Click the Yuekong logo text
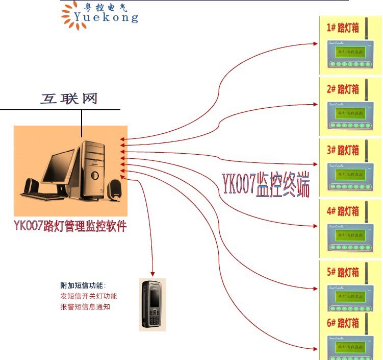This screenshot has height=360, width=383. pos(106,17)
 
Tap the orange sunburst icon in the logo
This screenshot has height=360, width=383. pos(70,14)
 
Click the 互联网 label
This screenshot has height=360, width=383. pos(69,99)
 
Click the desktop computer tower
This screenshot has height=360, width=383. pos(93,169)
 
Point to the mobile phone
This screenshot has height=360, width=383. pos(152,304)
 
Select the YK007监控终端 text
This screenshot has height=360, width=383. pos(265,184)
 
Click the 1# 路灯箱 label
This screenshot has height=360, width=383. pos(343,28)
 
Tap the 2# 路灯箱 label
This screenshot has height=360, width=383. pos(343,89)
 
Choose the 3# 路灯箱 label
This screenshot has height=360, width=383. pos(343,150)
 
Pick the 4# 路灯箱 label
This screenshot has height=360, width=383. pos(343,211)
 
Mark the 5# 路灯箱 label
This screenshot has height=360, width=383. pos(343,272)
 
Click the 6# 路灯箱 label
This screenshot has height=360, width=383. pos(343,323)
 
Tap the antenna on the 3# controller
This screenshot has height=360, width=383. pos(366,149)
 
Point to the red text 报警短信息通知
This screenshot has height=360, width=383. pos(85,307)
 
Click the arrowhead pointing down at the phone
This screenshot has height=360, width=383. pos(152,274)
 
